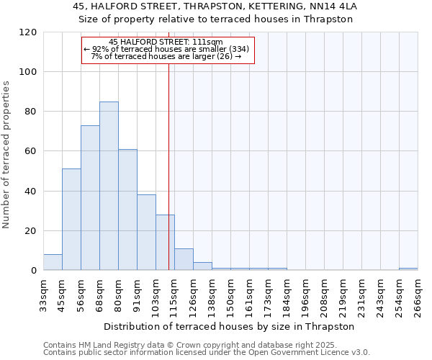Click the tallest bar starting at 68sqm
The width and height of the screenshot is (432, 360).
pyautogui.click(x=109, y=186)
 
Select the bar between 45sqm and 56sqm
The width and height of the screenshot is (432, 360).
pyautogui.click(x=71, y=220)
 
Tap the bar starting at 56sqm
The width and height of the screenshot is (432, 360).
pyautogui.click(x=90, y=198)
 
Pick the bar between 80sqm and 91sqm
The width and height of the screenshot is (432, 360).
pyautogui.click(x=127, y=210)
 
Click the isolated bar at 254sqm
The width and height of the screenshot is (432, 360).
pyautogui.click(x=408, y=269)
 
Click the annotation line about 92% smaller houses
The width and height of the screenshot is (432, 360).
pyautogui.click(x=167, y=49)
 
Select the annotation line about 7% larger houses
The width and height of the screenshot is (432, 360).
pyautogui.click(x=166, y=56)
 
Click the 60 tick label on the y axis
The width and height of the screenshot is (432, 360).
pyautogui.click(x=30, y=151)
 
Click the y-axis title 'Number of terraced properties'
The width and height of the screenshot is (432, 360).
pyautogui.click(x=6, y=155)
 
